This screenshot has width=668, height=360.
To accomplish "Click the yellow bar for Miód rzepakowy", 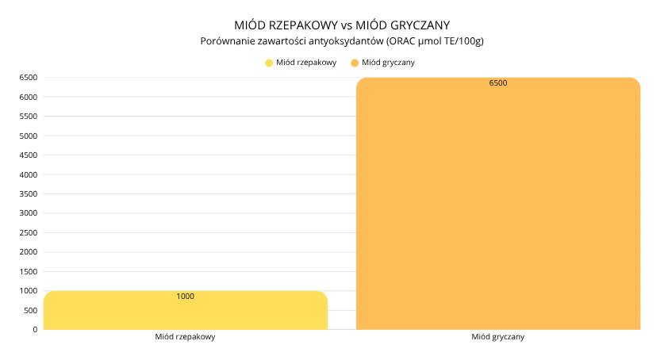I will (186, 311).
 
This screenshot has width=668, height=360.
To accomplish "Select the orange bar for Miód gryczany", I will (497, 203).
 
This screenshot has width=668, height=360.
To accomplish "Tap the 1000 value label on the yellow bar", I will (185, 297).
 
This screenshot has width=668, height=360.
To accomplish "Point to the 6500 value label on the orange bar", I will (498, 83).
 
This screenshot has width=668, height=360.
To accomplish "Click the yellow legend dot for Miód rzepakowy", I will (269, 63).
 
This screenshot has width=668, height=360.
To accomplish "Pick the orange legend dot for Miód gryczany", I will (355, 63).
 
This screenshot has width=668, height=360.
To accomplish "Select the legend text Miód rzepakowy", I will (306, 63).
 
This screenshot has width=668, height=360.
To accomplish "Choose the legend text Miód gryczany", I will (389, 63).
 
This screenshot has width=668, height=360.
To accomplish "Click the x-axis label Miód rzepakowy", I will (186, 337).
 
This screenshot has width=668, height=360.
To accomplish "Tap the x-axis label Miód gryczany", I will (497, 337).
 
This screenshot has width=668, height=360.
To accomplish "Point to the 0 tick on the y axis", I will (35, 329).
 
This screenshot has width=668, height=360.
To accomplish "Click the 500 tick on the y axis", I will (30, 310).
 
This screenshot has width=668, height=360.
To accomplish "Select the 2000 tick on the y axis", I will (29, 252).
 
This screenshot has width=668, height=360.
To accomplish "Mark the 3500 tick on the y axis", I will (29, 194).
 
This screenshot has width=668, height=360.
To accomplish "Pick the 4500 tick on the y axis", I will (29, 155).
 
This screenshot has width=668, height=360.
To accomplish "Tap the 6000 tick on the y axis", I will (29, 98).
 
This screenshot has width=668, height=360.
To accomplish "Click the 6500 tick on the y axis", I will (29, 78).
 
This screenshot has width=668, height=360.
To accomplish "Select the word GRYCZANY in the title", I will (425, 25).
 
